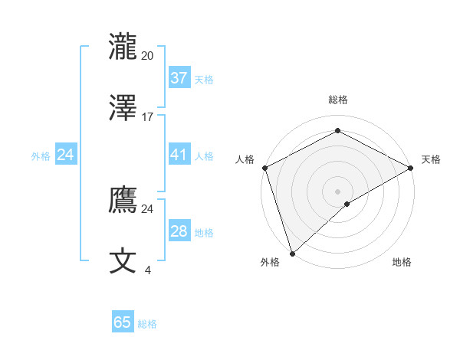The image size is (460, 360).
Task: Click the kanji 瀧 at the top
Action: (123, 47)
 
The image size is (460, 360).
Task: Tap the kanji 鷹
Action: (123, 199)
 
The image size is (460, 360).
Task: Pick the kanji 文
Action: (123, 260)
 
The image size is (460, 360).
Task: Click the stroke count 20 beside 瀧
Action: (147, 55)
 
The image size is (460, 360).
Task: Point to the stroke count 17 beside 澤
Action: (148, 117)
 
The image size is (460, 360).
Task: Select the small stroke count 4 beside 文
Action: (148, 270)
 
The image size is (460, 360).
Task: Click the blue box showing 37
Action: (179, 78)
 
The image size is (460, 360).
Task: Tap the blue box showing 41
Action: (179, 155)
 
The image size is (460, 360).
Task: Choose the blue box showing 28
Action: (179, 231)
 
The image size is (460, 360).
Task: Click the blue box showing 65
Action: (123, 322)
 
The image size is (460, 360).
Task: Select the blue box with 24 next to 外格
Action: (65, 155)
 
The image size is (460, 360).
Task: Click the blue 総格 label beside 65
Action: (147, 324)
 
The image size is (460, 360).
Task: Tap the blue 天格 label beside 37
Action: (204, 79)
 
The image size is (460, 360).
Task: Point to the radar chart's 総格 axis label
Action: (338, 100)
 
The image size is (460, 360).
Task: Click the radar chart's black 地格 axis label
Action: (402, 262)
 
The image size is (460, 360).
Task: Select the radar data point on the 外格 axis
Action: (292, 253)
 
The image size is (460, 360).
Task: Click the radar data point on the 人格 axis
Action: (264, 168)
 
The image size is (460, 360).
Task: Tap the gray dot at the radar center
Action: (337, 191)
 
